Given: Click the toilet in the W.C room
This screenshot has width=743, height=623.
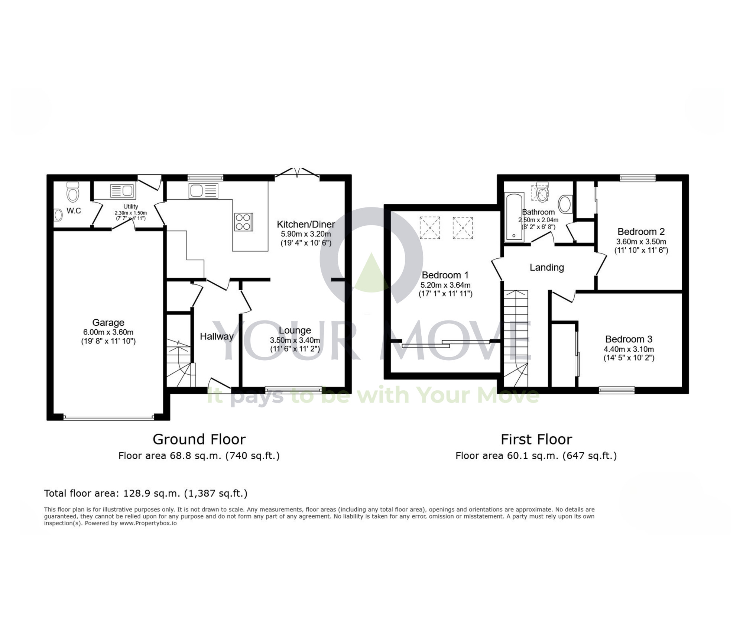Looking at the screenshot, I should (73, 192).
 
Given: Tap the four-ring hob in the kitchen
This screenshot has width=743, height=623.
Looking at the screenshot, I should (243, 222).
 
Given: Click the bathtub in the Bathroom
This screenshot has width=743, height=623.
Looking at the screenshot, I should (514, 217).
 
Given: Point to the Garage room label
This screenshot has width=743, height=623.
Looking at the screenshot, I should (108, 323).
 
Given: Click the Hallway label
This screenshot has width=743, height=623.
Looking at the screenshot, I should (217, 336).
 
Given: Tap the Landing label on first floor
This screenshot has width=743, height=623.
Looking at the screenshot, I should (546, 267).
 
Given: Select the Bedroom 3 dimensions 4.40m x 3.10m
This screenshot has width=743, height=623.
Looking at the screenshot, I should (629, 349).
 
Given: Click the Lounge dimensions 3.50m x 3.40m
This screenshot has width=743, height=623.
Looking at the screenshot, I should (295, 340).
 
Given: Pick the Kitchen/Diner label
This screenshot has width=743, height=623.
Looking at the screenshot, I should (306, 224).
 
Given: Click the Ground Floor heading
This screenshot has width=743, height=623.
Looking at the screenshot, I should (199, 439).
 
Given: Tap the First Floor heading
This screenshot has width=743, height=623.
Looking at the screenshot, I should (536, 439).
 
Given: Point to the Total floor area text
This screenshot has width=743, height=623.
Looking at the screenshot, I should (146, 493).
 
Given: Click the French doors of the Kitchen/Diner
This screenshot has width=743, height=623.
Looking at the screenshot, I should (297, 173).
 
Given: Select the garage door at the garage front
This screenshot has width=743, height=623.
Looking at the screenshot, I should (108, 417).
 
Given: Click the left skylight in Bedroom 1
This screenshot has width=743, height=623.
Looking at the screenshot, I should (430, 227).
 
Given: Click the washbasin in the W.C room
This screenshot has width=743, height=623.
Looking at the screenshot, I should (58, 215).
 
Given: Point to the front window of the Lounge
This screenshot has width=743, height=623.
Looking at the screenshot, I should (293, 390).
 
